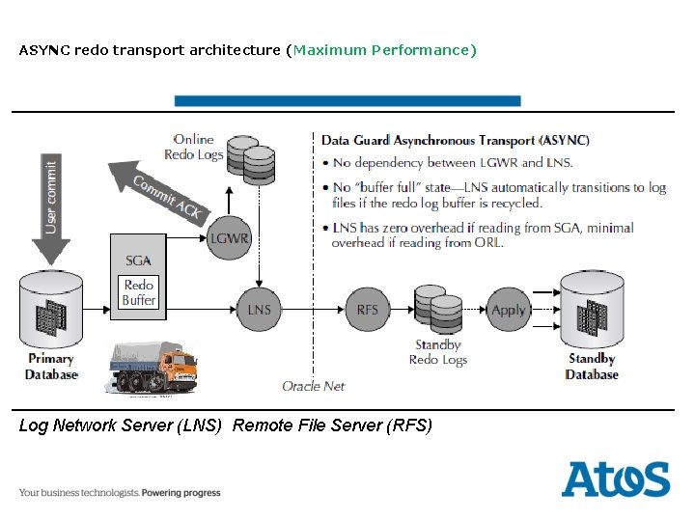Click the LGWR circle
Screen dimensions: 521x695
(x=229, y=237)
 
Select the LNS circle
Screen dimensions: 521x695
(x=259, y=309)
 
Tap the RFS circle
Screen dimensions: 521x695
(x=367, y=309)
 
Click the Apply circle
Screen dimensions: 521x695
(x=508, y=309)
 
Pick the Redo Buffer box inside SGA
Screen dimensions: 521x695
(x=138, y=292)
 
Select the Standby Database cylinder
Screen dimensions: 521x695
(x=591, y=311)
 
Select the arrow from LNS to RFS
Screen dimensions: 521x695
(x=313, y=309)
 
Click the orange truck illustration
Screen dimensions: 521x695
(x=152, y=368)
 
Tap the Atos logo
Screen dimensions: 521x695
(x=615, y=480)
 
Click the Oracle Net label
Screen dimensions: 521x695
(x=314, y=386)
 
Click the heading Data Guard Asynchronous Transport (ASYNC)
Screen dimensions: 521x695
(x=455, y=140)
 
